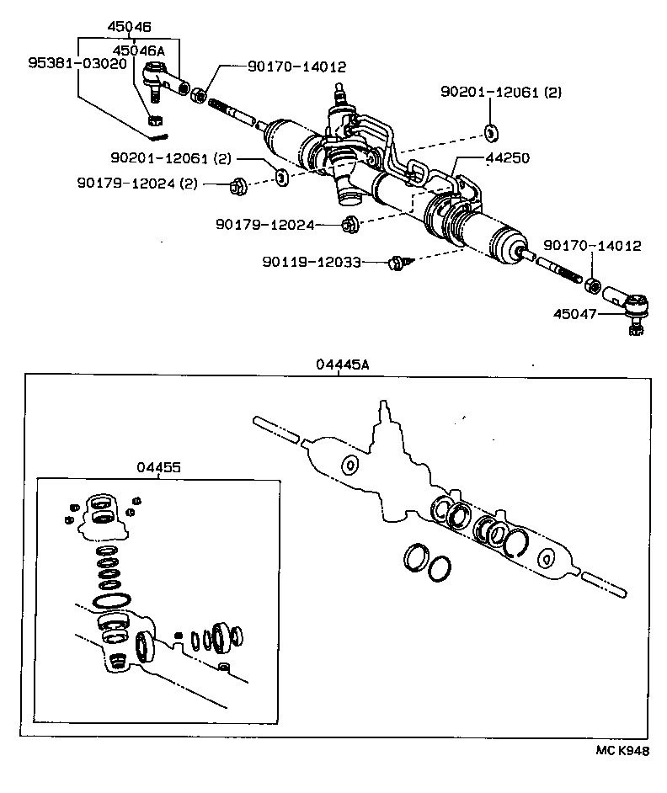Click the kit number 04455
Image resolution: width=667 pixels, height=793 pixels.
point(157,467)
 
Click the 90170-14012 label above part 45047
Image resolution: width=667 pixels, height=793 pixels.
point(591,247)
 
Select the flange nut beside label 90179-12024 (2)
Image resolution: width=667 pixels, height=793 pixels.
point(237,185)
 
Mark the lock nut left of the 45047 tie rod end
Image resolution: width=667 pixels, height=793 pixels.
point(593,287)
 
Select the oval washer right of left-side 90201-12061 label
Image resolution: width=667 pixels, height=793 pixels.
point(281,177)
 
